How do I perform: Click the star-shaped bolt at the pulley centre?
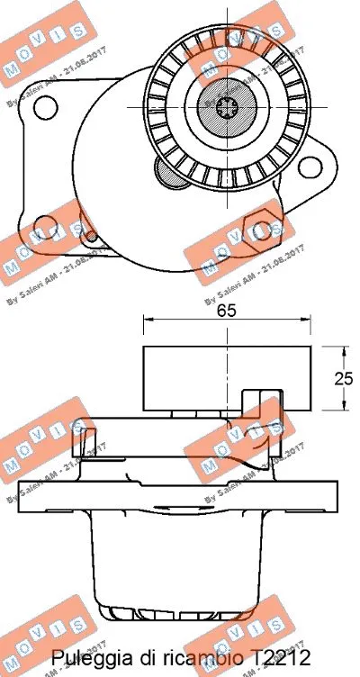227,106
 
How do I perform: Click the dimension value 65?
226,311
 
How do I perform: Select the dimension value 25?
342,379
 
